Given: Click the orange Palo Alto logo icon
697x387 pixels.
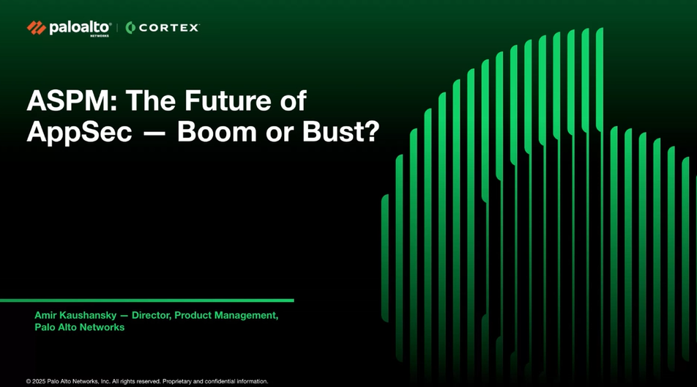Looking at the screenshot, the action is pos(37,28).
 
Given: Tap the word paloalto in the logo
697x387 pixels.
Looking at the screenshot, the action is pos(80,28).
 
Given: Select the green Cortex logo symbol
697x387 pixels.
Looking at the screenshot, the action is pos(130,28).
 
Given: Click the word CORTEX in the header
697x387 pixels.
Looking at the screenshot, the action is pos(169,28).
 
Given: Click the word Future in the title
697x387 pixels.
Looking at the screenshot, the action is pos(228,100).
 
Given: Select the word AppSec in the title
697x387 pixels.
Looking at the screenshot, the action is pos(80,132).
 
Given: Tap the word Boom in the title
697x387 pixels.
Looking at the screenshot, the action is pos(217,132).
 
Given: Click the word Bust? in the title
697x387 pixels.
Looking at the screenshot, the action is pos(341,132).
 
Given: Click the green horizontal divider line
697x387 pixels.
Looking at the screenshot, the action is pos(146,301).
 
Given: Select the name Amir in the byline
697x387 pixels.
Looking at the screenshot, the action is pos(45,315).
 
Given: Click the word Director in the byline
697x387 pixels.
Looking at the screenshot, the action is pos(152,315).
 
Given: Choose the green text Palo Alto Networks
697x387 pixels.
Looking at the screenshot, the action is pos(80,328).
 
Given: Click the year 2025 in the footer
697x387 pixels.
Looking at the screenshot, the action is pos(39,381).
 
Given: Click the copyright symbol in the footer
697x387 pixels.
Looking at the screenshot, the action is pos(29,381).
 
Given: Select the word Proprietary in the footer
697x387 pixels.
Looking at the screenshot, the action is pos(177,381).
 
